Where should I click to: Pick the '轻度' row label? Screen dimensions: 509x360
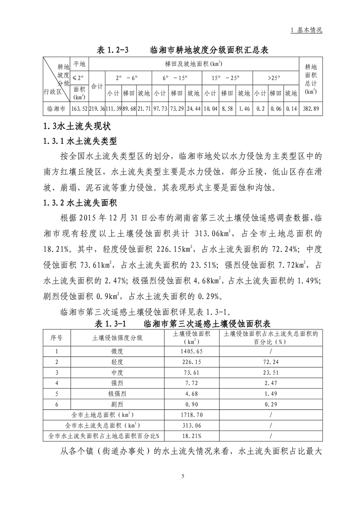pos(117,362)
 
